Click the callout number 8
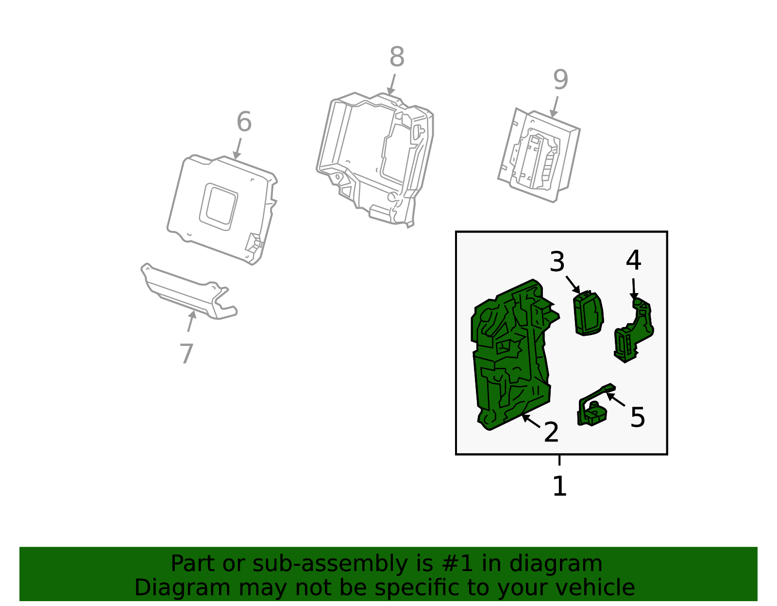397,57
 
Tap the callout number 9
560,80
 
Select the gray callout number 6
244,121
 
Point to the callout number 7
186,354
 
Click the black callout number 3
557,262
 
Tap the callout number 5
638,417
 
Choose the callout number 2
551,432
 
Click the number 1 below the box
559,486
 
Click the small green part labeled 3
588,313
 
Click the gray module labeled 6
222,210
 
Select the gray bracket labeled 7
189,291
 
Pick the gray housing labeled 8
375,160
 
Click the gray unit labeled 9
539,155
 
